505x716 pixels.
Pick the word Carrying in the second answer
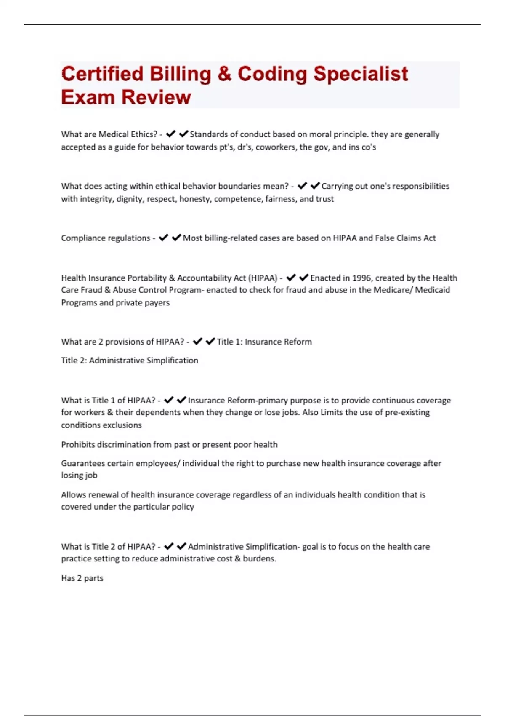[337, 186]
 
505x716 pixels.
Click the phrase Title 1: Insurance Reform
[264, 342]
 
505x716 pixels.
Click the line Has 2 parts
[82, 578]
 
